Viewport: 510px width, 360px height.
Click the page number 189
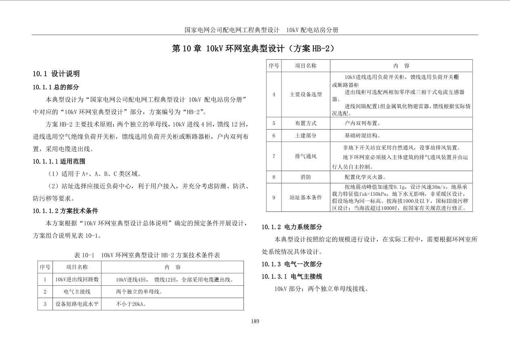(255, 321)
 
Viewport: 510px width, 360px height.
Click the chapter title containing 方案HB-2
(254, 48)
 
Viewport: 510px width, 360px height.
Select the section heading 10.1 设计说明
(56, 73)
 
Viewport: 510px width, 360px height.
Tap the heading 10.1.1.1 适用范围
(59, 161)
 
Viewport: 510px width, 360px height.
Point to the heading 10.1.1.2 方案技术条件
(65, 211)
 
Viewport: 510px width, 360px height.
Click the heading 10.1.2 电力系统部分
(292, 227)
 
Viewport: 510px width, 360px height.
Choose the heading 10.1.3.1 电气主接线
(292, 276)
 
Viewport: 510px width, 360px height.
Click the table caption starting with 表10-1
(147, 255)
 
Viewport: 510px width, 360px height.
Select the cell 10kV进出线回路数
(77, 279)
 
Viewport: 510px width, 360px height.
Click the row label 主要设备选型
(306, 94)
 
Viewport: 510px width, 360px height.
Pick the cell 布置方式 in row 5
(306, 123)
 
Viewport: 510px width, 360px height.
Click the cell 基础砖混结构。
(362, 136)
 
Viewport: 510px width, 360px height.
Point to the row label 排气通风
(306, 156)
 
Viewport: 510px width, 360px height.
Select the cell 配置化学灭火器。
(365, 177)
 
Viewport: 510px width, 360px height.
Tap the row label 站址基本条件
(306, 197)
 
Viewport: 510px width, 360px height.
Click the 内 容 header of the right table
(401, 65)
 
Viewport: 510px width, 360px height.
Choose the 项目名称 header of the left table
(77, 267)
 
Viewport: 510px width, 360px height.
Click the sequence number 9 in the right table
(273, 197)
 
